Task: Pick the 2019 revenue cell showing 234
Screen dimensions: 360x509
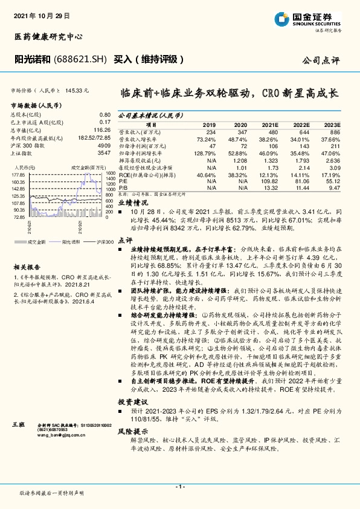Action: (210, 131)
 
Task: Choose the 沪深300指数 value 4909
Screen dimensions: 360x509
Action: (104, 147)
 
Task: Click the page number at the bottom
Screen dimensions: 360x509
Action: (179, 487)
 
